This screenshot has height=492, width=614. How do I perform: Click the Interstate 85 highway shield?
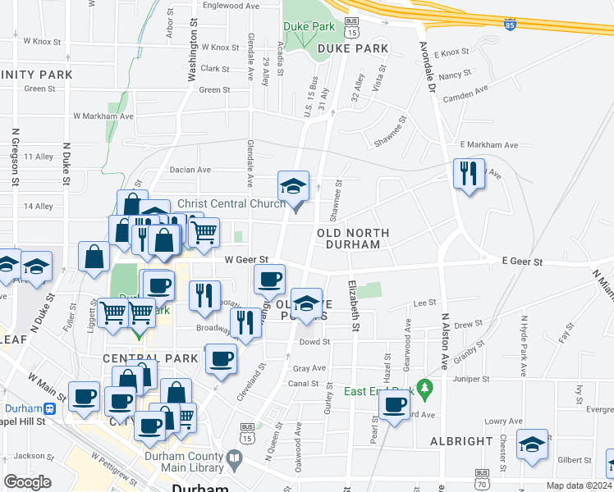tap(511, 26)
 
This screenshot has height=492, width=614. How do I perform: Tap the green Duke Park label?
tap(309, 26)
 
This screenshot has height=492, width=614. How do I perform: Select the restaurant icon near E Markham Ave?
tap(468, 174)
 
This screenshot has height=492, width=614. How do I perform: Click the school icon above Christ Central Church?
tap(293, 186)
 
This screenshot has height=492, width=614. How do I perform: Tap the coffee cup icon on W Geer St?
tap(269, 280)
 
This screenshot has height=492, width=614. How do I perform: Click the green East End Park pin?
tap(424, 385)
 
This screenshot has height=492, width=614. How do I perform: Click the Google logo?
tap(27, 482)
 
